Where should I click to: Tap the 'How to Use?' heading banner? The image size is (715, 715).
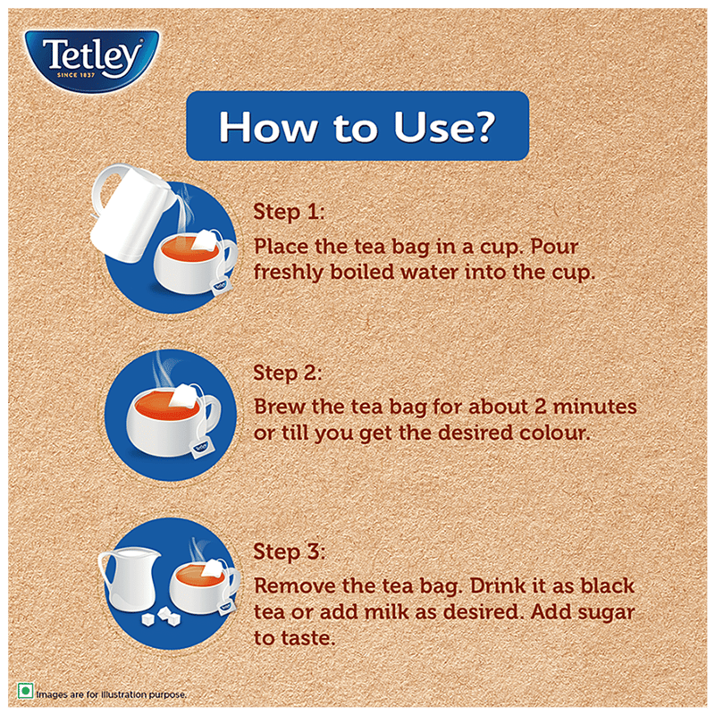click(x=357, y=126)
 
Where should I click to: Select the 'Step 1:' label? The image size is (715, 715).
click(x=289, y=212)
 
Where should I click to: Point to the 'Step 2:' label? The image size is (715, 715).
click(x=288, y=373)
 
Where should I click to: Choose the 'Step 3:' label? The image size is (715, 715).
click(x=289, y=551)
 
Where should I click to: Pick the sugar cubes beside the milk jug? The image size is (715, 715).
click(x=162, y=617)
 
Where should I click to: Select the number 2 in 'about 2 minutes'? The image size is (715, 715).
click(x=541, y=407)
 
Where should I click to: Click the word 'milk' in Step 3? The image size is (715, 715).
click(x=383, y=612)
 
